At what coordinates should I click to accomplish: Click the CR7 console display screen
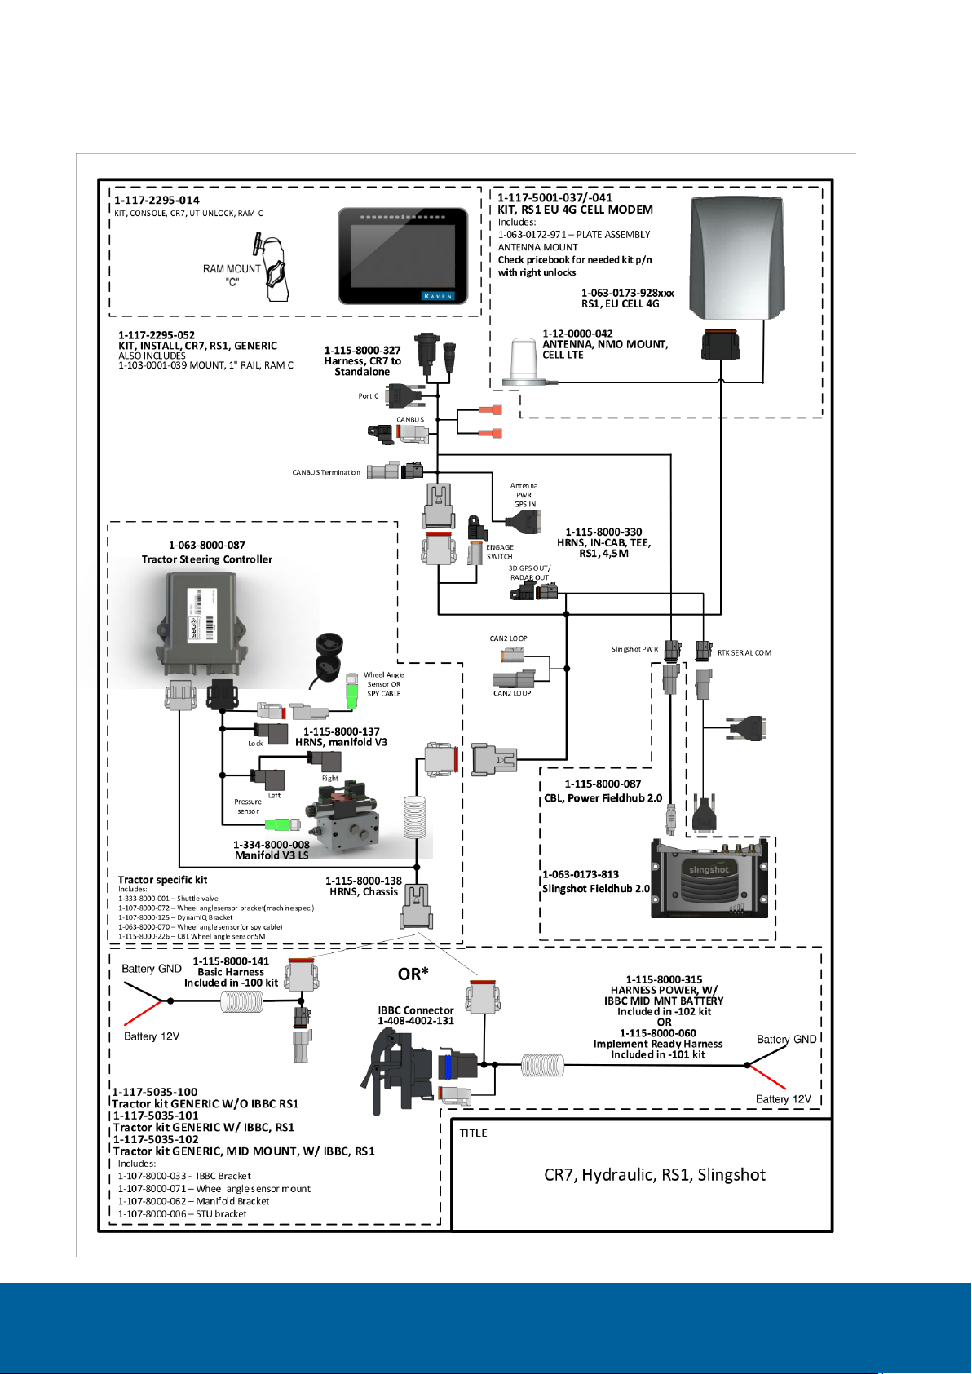click(x=402, y=256)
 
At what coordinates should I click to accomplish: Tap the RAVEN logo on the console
click(x=438, y=296)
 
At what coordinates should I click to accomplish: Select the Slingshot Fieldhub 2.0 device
click(x=709, y=878)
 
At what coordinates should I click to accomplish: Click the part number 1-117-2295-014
click(x=157, y=200)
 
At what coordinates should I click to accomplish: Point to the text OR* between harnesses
click(x=413, y=974)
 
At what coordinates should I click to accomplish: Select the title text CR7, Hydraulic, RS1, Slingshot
click(x=654, y=1175)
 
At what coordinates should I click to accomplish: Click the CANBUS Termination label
click(x=325, y=472)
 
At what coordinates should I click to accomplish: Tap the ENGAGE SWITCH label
click(x=500, y=552)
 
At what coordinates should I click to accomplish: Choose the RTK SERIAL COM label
click(x=744, y=652)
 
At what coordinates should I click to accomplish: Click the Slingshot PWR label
click(x=634, y=649)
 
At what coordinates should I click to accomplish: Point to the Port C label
click(x=368, y=396)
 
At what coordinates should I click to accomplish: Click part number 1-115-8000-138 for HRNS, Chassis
click(x=363, y=881)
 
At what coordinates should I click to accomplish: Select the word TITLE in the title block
click(x=474, y=1133)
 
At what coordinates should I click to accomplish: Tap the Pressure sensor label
click(x=248, y=806)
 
